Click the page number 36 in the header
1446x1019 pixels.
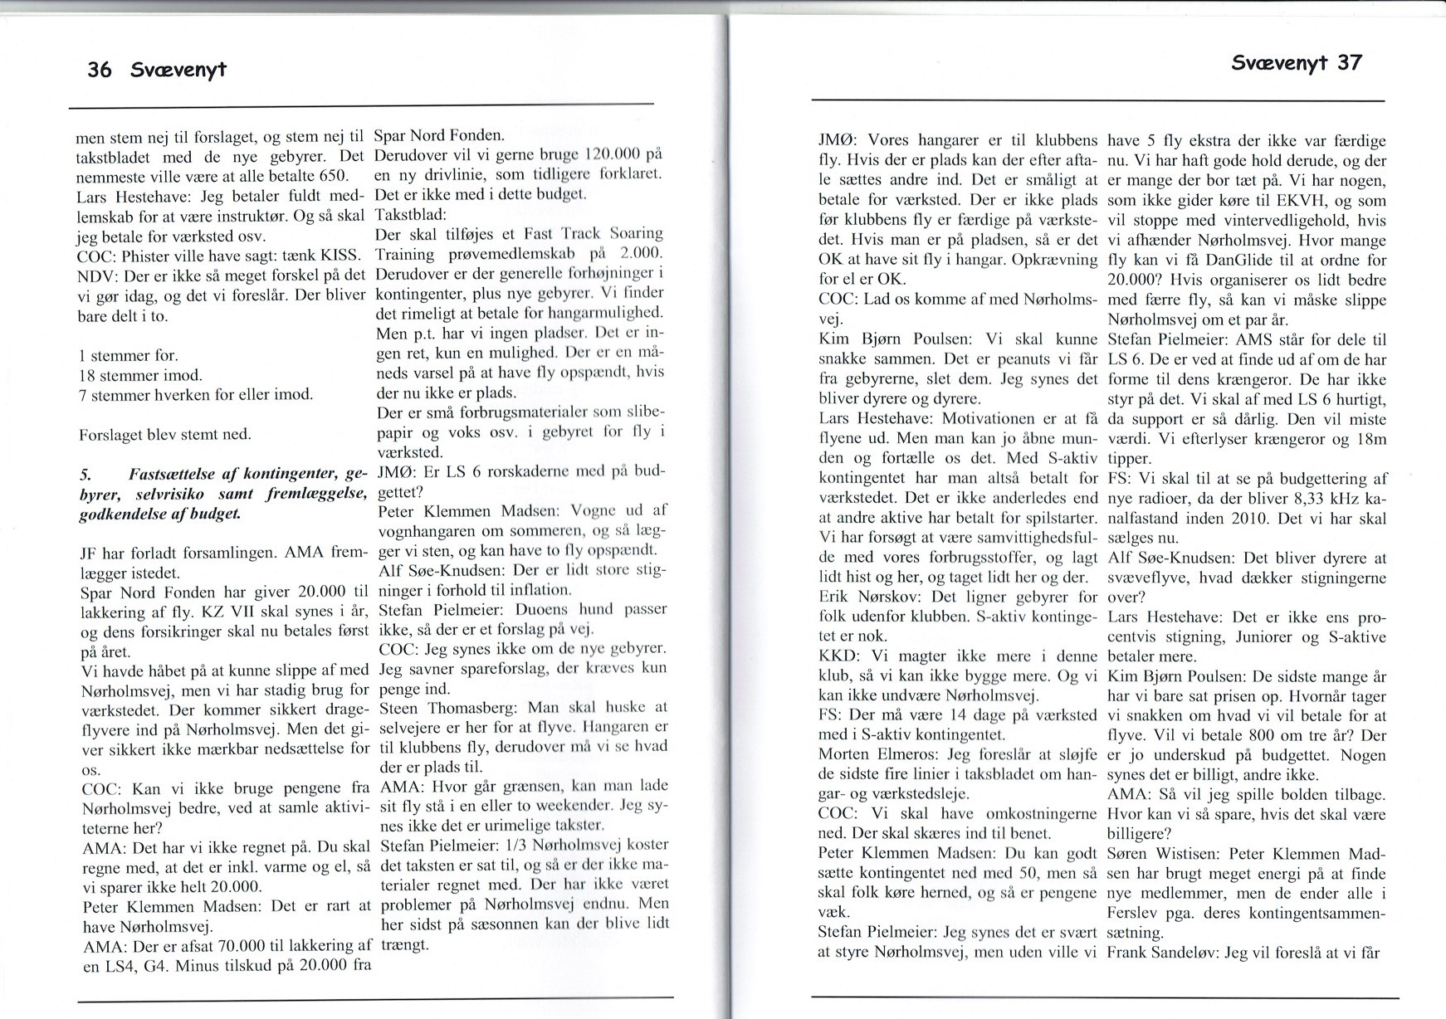(x=99, y=70)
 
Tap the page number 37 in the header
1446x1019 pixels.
(x=1349, y=63)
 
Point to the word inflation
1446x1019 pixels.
(x=539, y=590)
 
